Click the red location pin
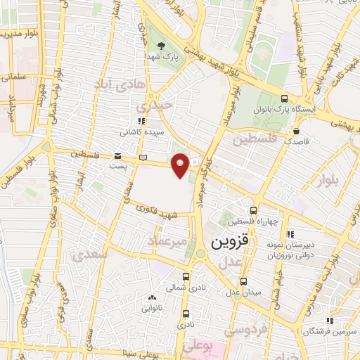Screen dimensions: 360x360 (x=181, y=166)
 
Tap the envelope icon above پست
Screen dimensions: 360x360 (x=117, y=156)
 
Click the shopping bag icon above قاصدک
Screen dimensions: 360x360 (x=297, y=131)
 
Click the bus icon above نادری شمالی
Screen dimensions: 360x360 (x=186, y=276)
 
